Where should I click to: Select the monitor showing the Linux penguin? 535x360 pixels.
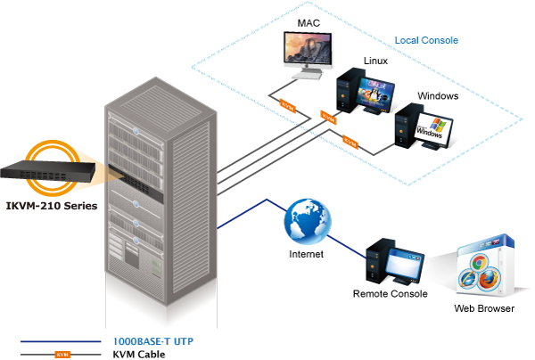375,93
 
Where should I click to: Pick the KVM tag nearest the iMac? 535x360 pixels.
287,104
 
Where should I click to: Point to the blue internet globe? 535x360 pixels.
308,219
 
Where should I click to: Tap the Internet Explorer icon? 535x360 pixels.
468,278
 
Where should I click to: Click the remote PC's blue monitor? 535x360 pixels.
404,266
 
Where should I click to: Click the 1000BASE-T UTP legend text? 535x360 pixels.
152,341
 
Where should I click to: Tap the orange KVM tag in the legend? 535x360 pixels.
62,354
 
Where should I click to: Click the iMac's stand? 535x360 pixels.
307,76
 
